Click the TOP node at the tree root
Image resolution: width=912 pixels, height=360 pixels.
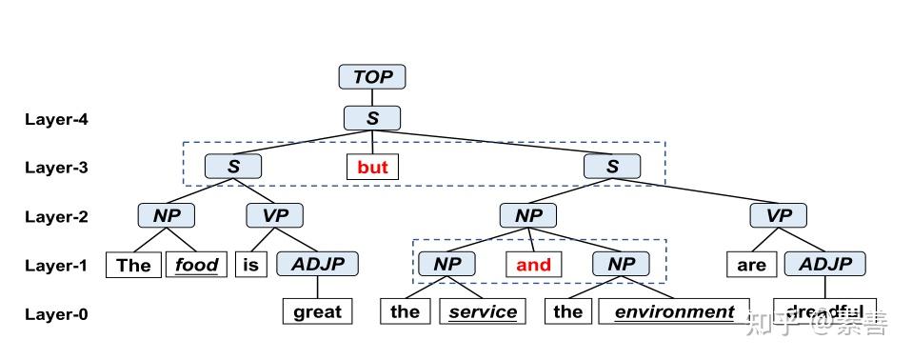point(372,77)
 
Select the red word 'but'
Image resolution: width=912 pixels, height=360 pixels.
point(372,168)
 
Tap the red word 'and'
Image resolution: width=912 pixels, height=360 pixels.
point(533,264)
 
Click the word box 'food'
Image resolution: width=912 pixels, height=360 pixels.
point(198,264)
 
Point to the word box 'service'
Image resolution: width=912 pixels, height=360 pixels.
point(483,311)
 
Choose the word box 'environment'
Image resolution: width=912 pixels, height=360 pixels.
point(674,311)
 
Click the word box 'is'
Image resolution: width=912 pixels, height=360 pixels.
point(250,264)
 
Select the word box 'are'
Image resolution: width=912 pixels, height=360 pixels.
point(751,264)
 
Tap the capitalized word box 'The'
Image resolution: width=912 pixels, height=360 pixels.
point(133,264)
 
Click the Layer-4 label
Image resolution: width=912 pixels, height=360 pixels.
point(56,119)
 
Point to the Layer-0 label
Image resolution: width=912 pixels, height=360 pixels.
point(56,313)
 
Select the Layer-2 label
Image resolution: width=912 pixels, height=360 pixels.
point(56,216)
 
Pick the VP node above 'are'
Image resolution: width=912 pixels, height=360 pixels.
point(779,215)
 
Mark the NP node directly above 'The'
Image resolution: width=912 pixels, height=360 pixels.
point(167,215)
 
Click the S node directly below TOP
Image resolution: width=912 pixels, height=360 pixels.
point(372,118)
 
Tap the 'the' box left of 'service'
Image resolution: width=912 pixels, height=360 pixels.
point(405,311)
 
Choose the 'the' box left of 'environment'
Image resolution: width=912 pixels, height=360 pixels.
point(567,311)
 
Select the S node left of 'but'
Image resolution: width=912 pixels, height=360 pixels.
point(233,167)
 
